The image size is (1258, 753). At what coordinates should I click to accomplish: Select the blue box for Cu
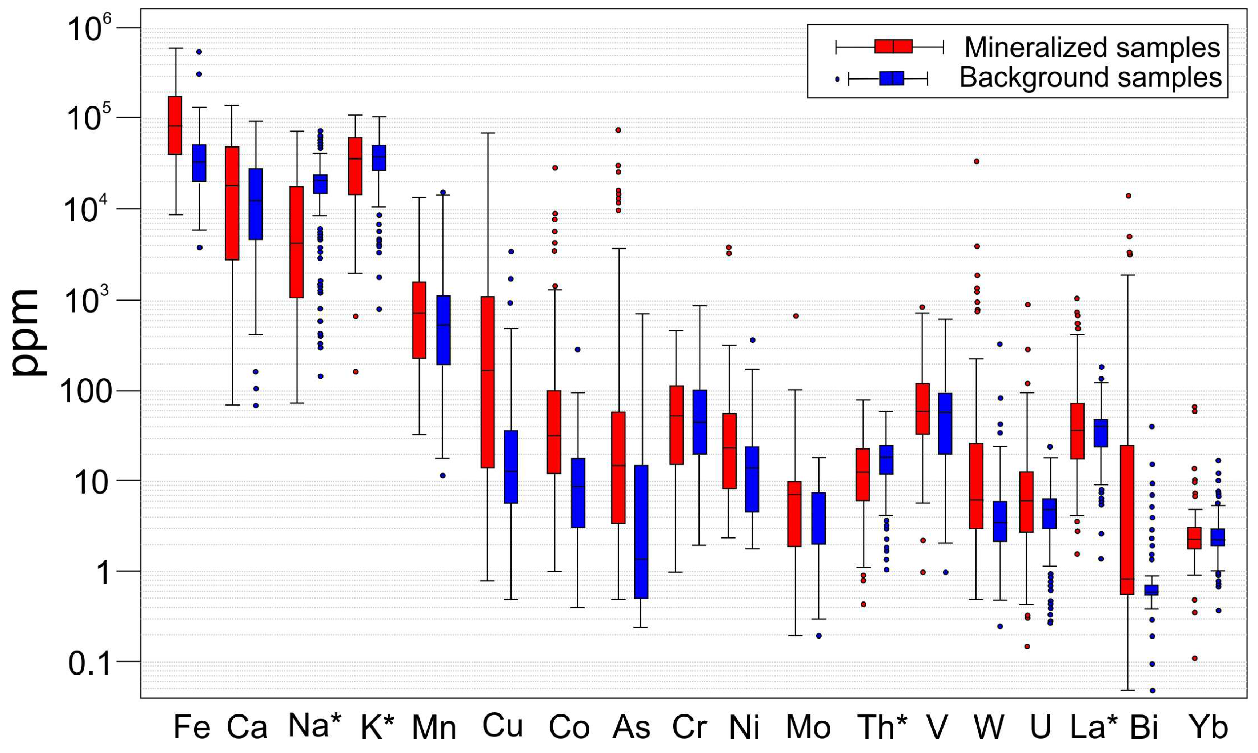click(511, 467)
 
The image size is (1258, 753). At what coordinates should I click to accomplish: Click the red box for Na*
click(296, 242)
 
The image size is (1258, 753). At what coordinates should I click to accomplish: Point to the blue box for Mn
click(443, 330)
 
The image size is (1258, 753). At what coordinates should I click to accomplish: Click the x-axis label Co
click(569, 727)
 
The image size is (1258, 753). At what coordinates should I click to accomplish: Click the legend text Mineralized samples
click(1091, 48)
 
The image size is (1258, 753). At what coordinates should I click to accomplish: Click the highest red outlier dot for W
click(976, 161)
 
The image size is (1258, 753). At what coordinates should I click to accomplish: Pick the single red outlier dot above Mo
click(796, 315)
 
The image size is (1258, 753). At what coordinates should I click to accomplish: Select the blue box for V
click(945, 423)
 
